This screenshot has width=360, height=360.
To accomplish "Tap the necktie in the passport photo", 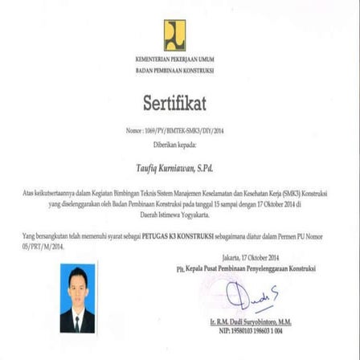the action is [78, 323].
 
